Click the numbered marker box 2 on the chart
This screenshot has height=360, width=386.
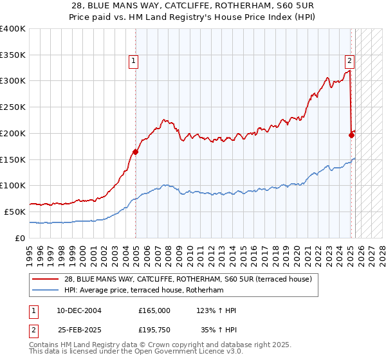pos(349,61)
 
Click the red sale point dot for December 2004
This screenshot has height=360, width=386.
pos(136,152)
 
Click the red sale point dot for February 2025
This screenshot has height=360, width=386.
pos(351,135)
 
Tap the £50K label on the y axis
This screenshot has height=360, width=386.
pos(15,212)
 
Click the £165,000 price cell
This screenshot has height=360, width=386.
pos(154,310)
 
